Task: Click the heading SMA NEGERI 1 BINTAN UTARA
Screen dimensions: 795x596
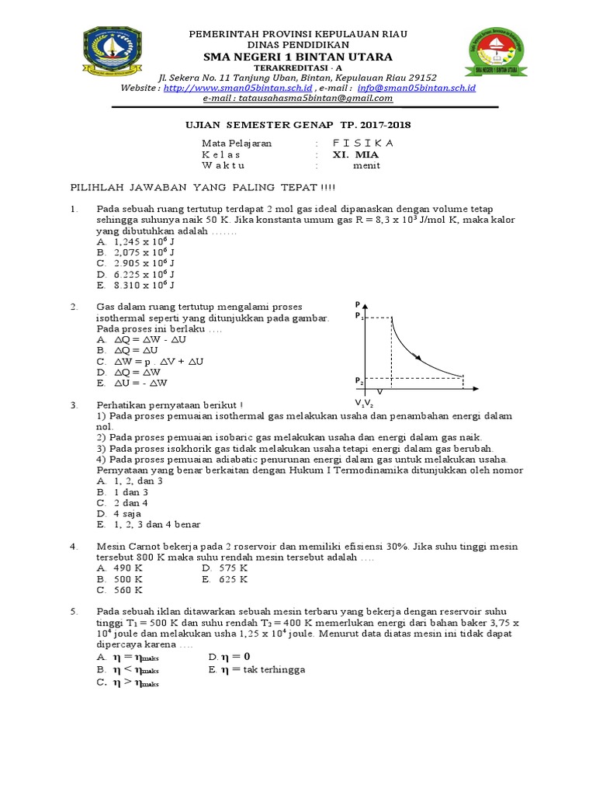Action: (298, 57)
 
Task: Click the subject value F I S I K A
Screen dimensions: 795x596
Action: (362, 144)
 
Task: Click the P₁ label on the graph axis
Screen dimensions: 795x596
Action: (359, 316)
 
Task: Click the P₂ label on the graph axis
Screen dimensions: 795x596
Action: (359, 380)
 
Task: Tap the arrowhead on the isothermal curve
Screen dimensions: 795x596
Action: (419, 358)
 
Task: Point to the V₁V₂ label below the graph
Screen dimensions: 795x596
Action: (364, 403)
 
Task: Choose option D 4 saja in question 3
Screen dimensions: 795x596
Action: (124, 513)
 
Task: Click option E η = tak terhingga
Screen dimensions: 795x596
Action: (257, 669)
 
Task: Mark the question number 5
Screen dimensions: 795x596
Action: (74, 612)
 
